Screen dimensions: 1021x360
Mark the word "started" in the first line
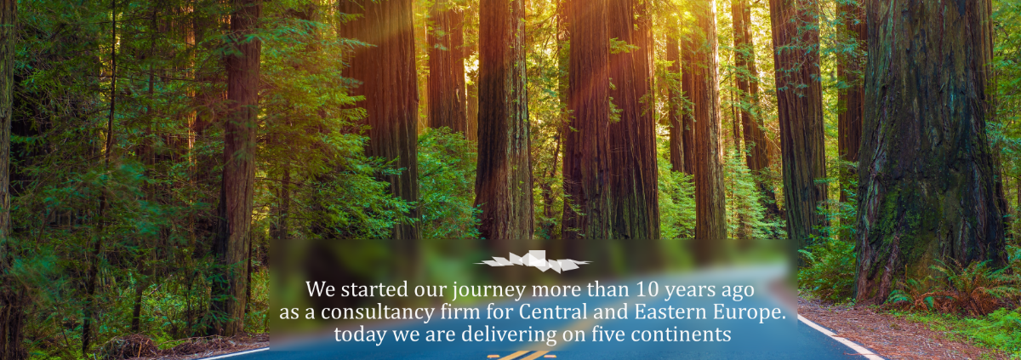coord(374,289)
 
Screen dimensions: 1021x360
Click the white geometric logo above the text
coord(533,261)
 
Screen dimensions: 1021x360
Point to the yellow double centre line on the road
coord(522,355)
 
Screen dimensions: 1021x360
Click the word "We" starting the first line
coord(321,289)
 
